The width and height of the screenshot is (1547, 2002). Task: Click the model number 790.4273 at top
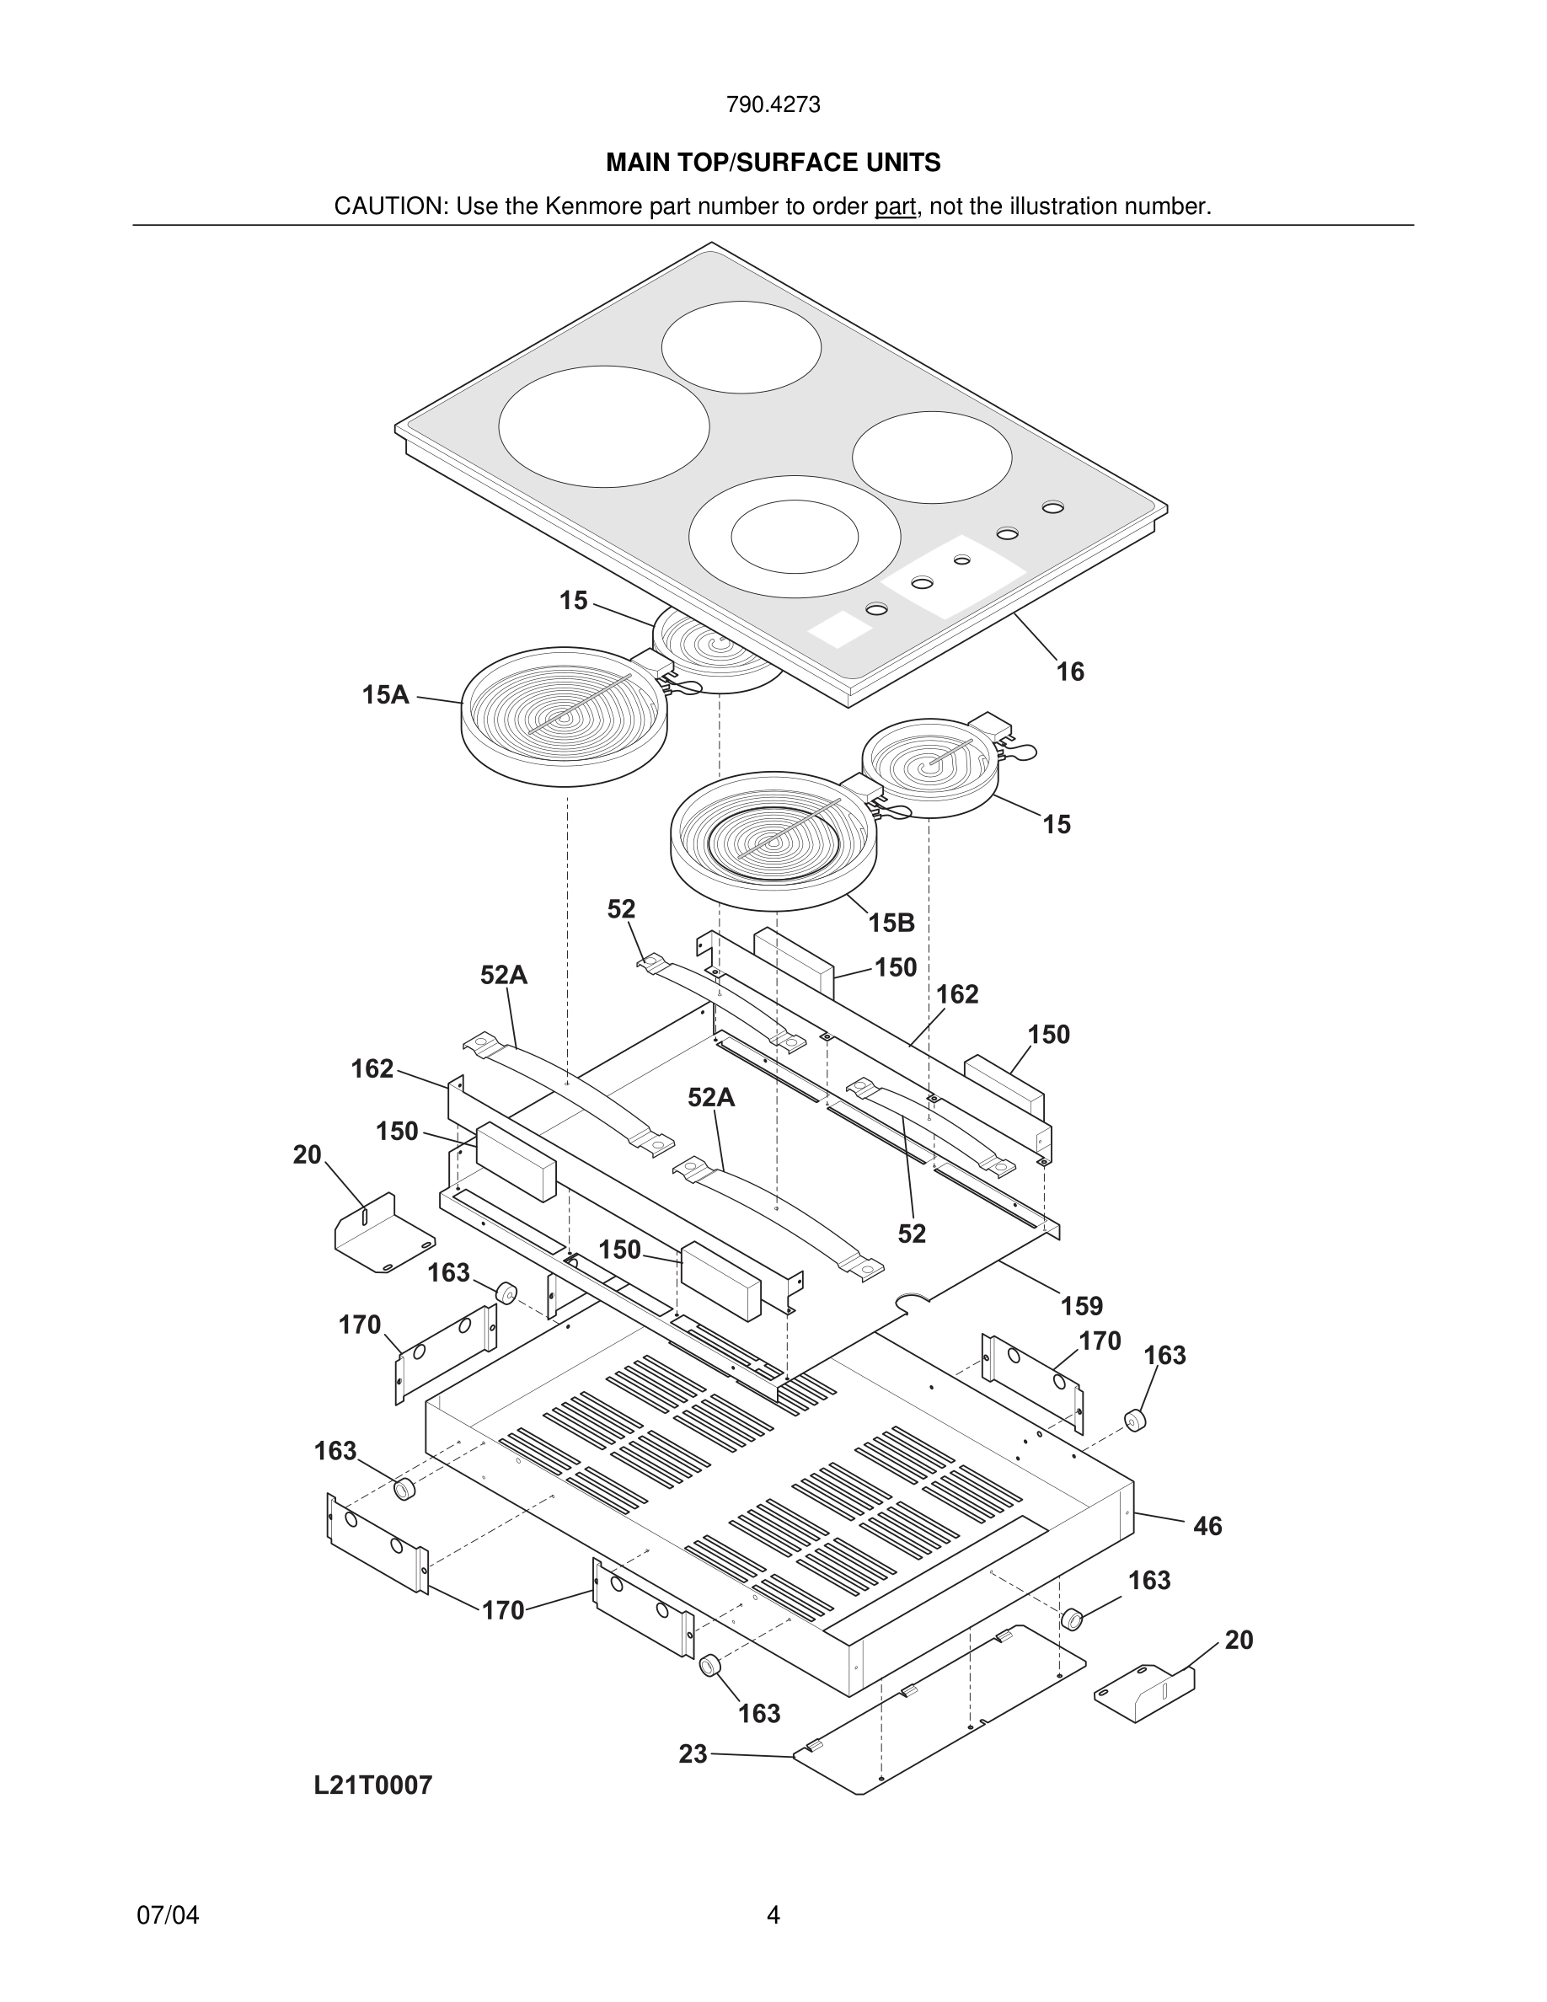pyautogui.click(x=773, y=105)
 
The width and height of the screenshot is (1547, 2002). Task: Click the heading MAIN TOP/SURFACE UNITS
pyautogui.click(x=773, y=163)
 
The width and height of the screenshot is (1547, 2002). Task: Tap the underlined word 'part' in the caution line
pyautogui.click(x=895, y=207)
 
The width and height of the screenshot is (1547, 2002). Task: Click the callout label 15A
pyautogui.click(x=385, y=696)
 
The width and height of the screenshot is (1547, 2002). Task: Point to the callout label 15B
pyautogui.click(x=891, y=923)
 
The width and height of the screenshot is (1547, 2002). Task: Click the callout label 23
pyautogui.click(x=693, y=1753)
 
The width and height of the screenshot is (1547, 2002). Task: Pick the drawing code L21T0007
pyautogui.click(x=373, y=1785)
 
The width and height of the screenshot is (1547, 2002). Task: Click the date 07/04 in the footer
pyautogui.click(x=168, y=1916)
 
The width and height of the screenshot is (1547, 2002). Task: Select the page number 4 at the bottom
pyautogui.click(x=773, y=1916)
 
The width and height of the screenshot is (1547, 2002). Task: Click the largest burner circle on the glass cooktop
pyautogui.click(x=604, y=426)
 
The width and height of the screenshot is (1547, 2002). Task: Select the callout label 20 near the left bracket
pyautogui.click(x=307, y=1155)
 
